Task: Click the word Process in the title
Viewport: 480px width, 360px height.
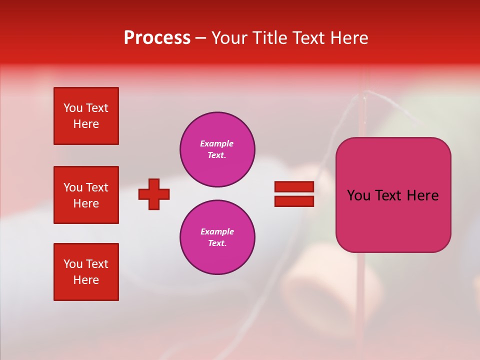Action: click(157, 38)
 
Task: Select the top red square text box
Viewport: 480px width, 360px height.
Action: click(86, 116)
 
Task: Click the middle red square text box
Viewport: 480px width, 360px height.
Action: click(86, 195)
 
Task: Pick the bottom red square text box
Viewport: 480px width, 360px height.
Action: click(86, 272)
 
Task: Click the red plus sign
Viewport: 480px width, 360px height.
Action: click(154, 194)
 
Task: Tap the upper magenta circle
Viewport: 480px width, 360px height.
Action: click(217, 149)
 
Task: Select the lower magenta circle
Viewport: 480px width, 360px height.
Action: click(217, 237)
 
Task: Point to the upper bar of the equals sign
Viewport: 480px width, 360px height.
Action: click(294, 186)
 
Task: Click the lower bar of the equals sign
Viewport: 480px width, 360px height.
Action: click(294, 201)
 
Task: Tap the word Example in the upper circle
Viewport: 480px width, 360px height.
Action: click(216, 143)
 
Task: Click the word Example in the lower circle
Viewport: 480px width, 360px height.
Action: click(217, 231)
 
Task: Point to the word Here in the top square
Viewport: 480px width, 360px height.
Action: click(86, 124)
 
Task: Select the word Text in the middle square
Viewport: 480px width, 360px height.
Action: click(96, 187)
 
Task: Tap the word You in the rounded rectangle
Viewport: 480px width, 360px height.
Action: click(358, 195)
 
